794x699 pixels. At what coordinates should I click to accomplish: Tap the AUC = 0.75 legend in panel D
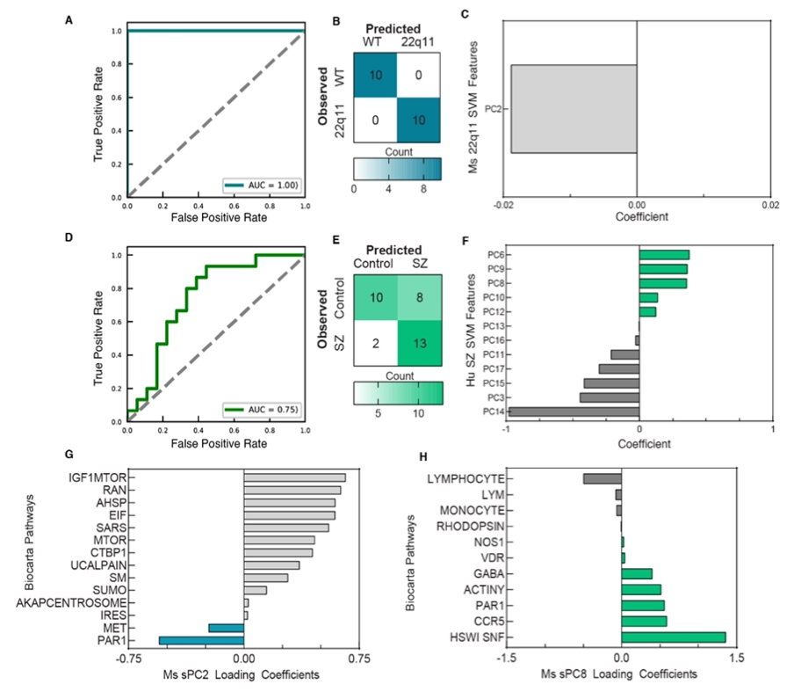tap(263, 409)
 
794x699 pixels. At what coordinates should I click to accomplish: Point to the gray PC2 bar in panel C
tap(574, 109)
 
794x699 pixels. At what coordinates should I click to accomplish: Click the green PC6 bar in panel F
tap(664, 255)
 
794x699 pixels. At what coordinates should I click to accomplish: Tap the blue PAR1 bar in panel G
tap(200, 641)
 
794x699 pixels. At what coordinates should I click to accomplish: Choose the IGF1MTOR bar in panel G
tap(294, 477)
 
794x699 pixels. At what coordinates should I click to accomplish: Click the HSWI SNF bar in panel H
tap(673, 637)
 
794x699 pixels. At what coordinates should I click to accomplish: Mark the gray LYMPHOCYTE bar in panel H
tap(602, 478)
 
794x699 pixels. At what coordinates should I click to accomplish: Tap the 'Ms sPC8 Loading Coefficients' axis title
tap(621, 674)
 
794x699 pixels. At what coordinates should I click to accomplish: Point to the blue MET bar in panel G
tap(225, 628)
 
